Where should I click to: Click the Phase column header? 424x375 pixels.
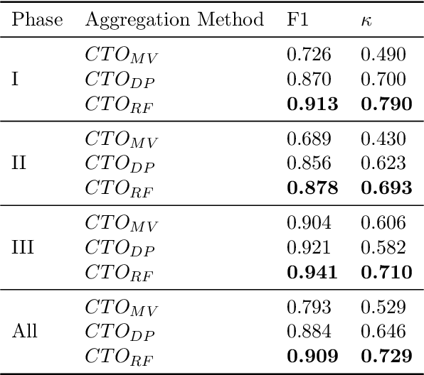tap(36, 20)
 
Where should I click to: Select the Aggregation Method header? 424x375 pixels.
tap(175, 20)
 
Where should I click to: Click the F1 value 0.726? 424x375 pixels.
tap(309, 55)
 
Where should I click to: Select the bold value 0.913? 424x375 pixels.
tap(312, 104)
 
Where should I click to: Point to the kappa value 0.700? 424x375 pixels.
tap(383, 79)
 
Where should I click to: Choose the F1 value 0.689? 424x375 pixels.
tap(309, 138)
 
